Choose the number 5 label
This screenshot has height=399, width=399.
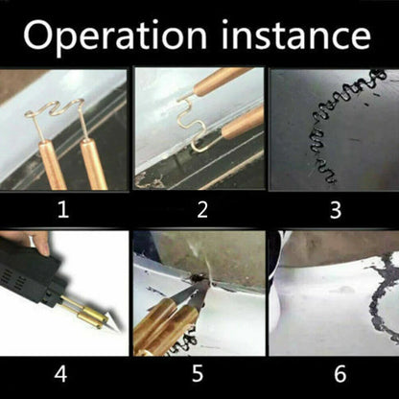(200, 372)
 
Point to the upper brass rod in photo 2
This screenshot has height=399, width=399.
(221, 81)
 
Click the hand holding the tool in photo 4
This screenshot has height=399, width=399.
(12, 240)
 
